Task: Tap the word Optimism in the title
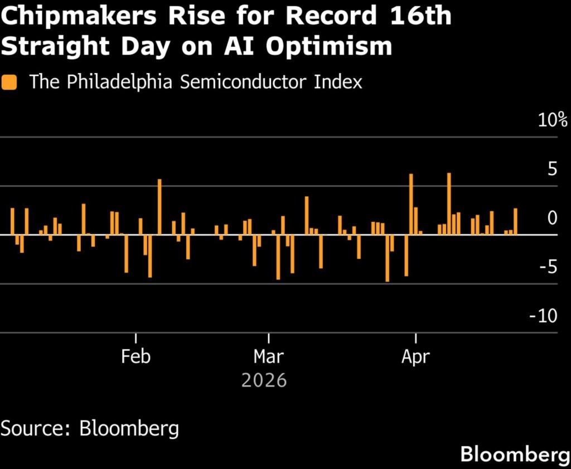click(x=329, y=47)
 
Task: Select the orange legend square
click(x=9, y=83)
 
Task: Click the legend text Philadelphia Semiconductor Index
click(x=196, y=82)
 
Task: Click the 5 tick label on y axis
click(x=552, y=169)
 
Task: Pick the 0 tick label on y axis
click(x=552, y=217)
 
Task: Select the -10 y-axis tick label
click(x=543, y=316)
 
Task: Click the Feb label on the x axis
click(x=136, y=356)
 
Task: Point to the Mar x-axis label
click(x=269, y=356)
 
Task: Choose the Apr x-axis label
click(x=415, y=356)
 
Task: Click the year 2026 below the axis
click(x=264, y=381)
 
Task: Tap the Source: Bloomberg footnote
click(x=90, y=429)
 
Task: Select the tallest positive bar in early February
click(x=159, y=206)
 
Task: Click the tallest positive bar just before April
click(x=411, y=204)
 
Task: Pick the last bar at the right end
click(x=515, y=221)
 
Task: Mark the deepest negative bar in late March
click(x=387, y=258)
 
